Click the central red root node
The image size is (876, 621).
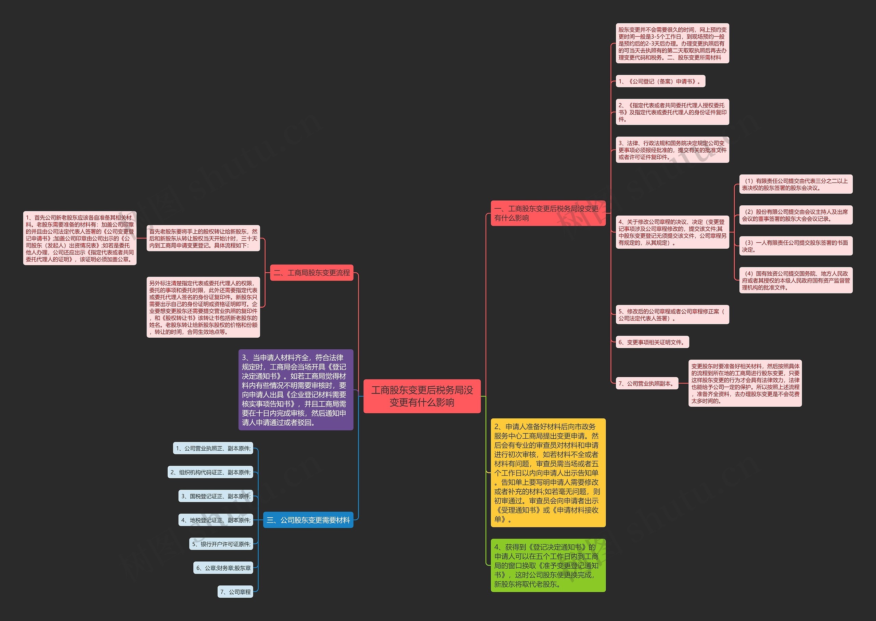tap(422, 396)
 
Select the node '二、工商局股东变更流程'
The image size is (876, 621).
tap(312, 273)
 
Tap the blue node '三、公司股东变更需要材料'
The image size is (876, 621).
tap(308, 520)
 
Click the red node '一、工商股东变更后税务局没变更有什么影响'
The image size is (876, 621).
tap(548, 213)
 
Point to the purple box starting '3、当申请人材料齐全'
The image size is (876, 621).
tap(296, 390)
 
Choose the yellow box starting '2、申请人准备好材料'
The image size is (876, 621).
tap(548, 473)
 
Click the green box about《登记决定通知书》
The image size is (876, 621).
tap(548, 565)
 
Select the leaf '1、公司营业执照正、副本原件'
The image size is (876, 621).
tap(213, 448)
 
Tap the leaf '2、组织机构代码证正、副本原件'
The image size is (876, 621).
tap(210, 472)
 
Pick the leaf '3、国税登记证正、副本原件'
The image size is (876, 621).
tap(216, 496)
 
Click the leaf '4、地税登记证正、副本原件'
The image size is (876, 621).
tap(216, 520)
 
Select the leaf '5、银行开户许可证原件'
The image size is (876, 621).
tap(221, 544)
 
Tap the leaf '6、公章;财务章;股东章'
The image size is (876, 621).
tap(223, 568)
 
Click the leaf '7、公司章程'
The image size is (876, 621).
tap(235, 592)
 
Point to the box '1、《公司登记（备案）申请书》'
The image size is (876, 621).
tap(660, 81)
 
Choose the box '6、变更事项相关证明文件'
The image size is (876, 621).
tap(652, 342)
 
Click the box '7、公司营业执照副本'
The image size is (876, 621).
tap(647, 383)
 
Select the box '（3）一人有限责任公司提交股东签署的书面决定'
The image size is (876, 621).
tap(796, 246)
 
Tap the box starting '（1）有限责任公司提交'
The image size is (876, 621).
tap(796, 184)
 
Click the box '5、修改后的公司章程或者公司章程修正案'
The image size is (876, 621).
tap(672, 315)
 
